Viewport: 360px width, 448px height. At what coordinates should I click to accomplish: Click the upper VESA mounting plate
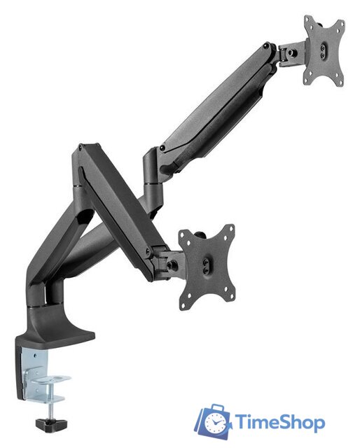pyautogui.click(x=324, y=51)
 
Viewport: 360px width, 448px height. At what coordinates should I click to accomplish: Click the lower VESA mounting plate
pyautogui.click(x=207, y=267)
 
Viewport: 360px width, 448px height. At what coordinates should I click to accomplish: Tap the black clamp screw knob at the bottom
pyautogui.click(x=51, y=424)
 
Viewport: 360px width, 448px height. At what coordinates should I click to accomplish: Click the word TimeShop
pyautogui.click(x=279, y=423)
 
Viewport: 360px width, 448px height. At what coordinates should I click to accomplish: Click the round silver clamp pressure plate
pyautogui.click(x=51, y=379)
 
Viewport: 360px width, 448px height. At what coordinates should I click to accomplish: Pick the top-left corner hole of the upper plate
pyautogui.click(x=307, y=20)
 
